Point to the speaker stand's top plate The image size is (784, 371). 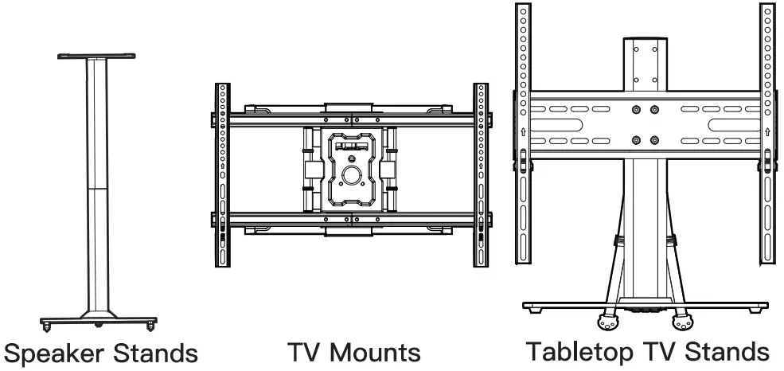click(x=97, y=57)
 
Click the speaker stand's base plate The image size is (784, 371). click(x=97, y=320)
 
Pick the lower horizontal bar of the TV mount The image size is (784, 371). click(x=351, y=217)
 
